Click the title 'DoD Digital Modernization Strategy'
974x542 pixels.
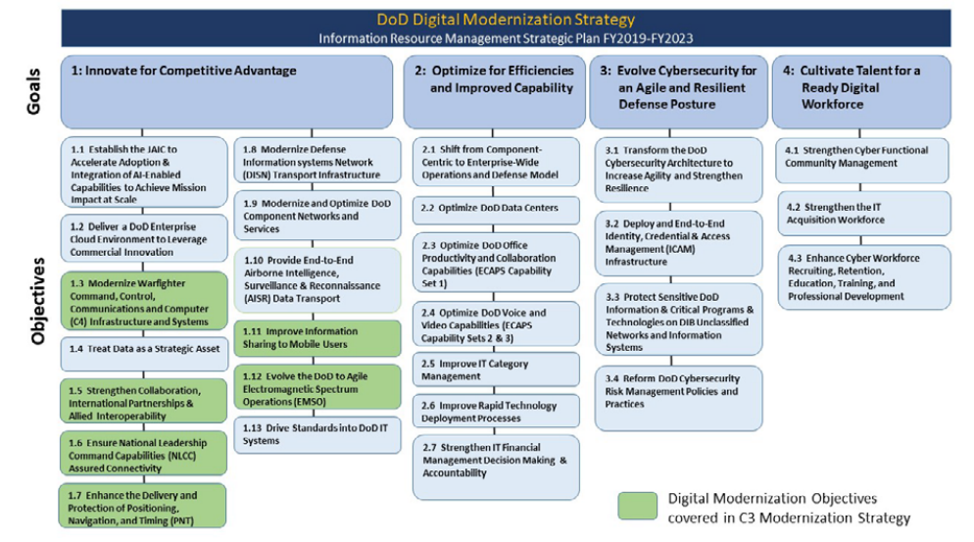click(x=506, y=20)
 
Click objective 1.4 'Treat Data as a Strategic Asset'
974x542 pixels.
click(x=142, y=349)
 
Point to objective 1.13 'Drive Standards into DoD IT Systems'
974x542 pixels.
click(x=317, y=434)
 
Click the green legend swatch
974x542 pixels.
click(x=637, y=506)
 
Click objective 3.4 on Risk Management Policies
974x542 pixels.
click(x=678, y=397)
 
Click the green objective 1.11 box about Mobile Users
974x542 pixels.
click(x=317, y=337)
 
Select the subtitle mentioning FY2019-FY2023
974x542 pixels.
click(x=506, y=38)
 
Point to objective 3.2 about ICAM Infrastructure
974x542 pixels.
click(x=678, y=242)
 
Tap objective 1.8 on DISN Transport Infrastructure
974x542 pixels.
click(x=317, y=161)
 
